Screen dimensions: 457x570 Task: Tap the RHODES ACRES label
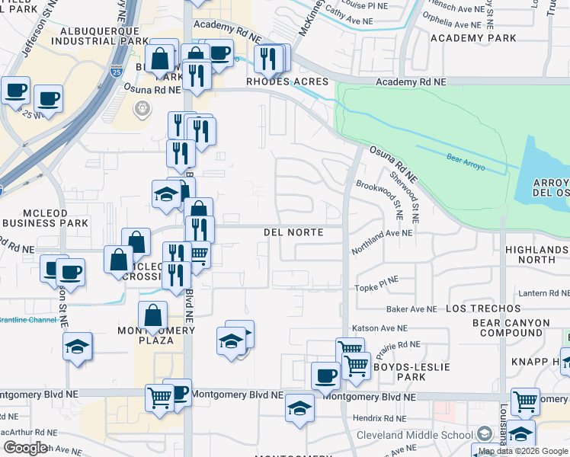[x=287, y=81]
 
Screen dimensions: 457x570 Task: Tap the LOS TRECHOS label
[x=476, y=308]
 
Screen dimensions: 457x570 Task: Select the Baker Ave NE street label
[x=411, y=309]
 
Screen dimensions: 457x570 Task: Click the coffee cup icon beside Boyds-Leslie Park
[x=325, y=375]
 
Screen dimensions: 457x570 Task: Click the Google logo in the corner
[x=25, y=448]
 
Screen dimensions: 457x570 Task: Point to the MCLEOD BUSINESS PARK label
[x=44, y=218]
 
